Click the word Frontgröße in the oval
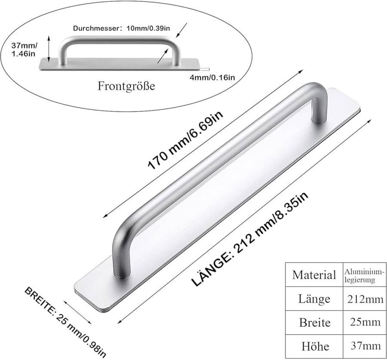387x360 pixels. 126,86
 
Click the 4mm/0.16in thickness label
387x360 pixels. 212,77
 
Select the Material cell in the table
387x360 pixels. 314,275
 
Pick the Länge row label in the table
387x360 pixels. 314,299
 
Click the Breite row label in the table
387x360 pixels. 314,323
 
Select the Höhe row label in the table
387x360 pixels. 314,346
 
